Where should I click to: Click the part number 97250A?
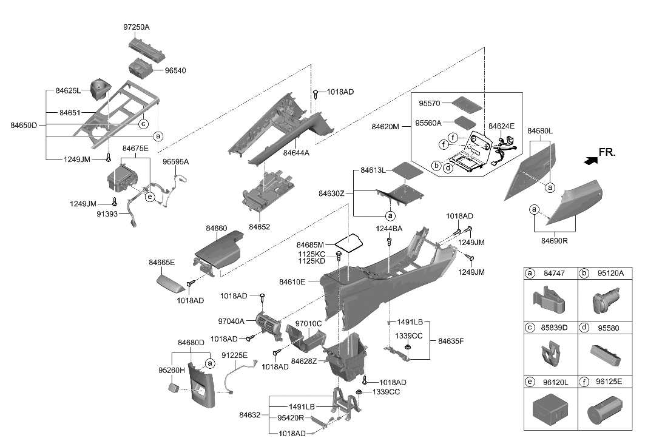pyautogui.click(x=136, y=27)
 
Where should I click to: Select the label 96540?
pyautogui.click(x=175, y=70)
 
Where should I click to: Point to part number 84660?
pyautogui.click(x=217, y=228)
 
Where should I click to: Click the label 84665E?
pyautogui.click(x=162, y=263)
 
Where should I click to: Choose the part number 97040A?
pyautogui.click(x=232, y=321)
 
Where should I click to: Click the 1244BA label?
pyautogui.click(x=388, y=229)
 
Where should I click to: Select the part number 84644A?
pyautogui.click(x=296, y=153)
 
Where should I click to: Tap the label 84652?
pyautogui.click(x=259, y=226)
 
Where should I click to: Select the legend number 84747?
pyautogui.click(x=555, y=274)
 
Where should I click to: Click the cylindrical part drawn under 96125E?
pyautogui.click(x=604, y=410)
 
